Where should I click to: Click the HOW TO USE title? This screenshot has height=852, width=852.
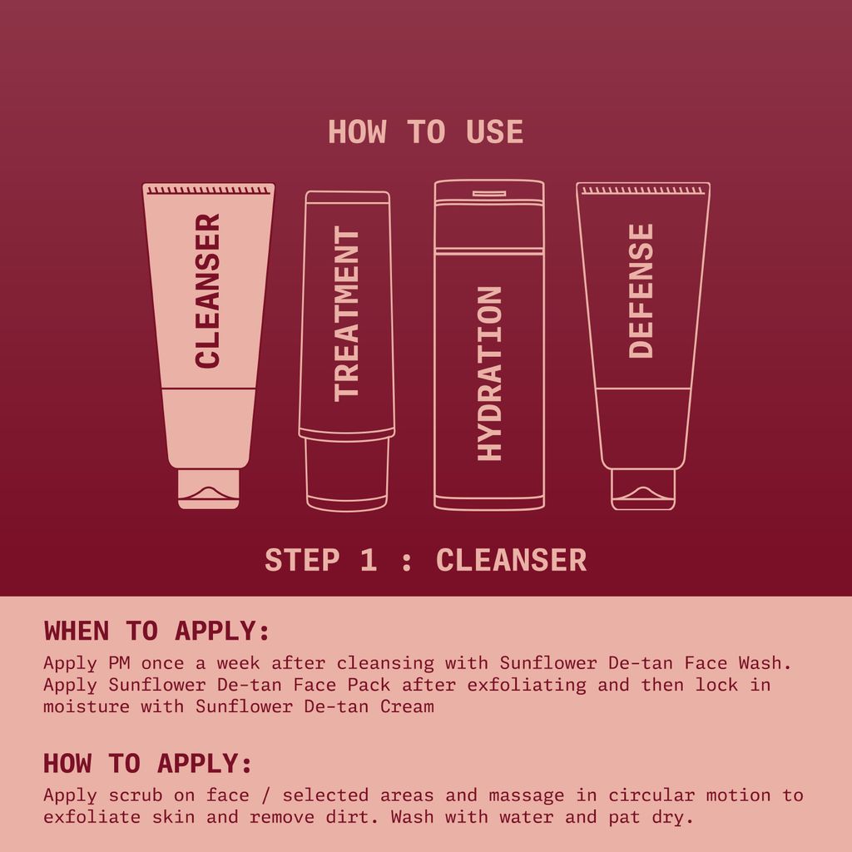pos(425,132)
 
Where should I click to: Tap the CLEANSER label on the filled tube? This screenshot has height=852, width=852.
pos(208,290)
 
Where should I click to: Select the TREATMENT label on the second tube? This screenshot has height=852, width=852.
pos(346,314)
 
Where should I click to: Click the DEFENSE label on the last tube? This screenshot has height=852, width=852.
pos(641,290)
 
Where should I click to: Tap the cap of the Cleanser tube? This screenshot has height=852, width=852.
pos(208,488)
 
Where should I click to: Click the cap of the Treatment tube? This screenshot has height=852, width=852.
pos(347,474)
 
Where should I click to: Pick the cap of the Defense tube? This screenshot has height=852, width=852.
pos(642,489)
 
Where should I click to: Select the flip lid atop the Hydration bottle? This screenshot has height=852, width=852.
pos(489,194)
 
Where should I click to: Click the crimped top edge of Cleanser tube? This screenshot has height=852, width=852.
pos(208,191)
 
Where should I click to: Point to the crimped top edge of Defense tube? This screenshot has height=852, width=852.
pos(642,191)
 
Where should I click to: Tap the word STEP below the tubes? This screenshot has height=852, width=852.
pos(302,560)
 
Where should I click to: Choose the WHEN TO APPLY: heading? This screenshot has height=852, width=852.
pos(157,631)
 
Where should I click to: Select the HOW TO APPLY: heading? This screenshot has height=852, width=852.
pos(147,763)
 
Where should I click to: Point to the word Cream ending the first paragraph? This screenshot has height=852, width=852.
pos(407,707)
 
